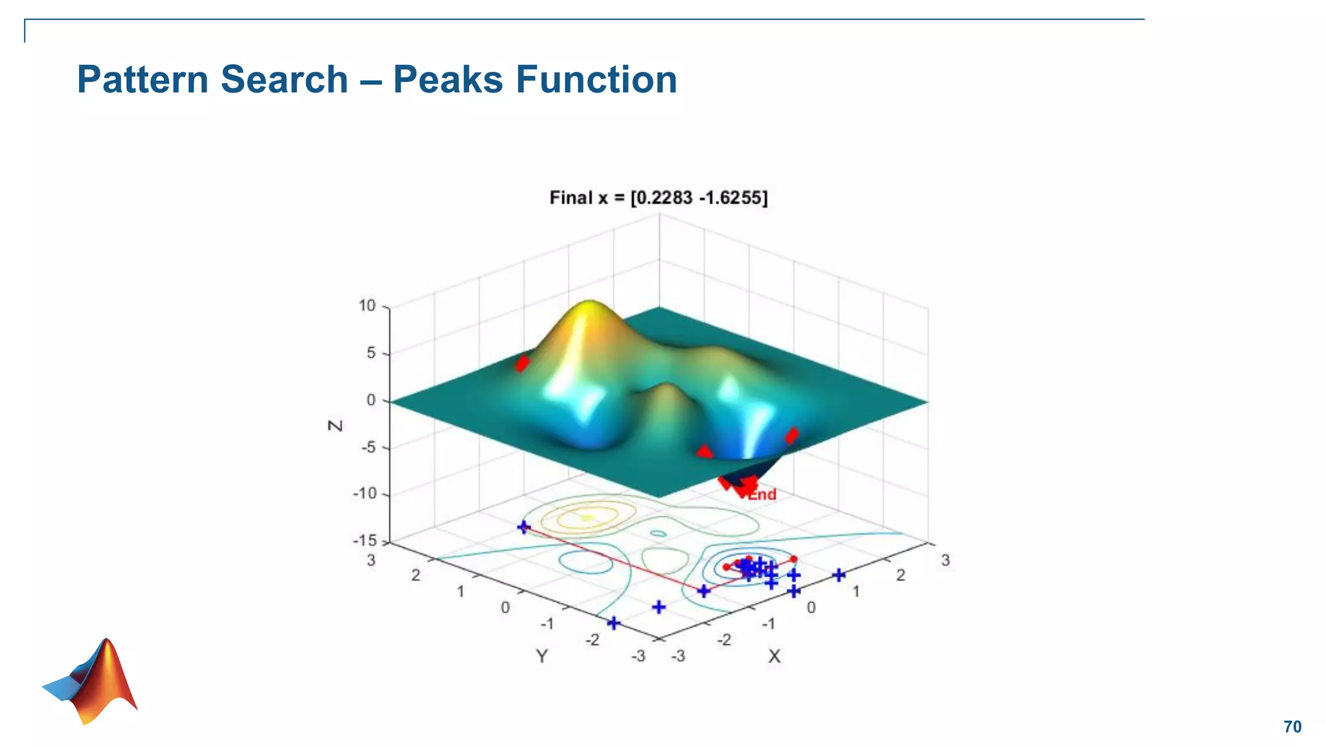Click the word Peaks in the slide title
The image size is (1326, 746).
[x=447, y=80]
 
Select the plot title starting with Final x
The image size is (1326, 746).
[x=658, y=198]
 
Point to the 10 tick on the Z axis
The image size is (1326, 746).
[x=367, y=306]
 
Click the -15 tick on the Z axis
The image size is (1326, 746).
[x=365, y=541]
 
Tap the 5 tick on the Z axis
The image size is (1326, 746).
[x=371, y=353]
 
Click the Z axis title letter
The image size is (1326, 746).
[x=335, y=425]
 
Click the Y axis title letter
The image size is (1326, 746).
[x=542, y=657]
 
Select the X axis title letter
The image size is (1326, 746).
[x=774, y=657]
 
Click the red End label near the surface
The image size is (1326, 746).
[x=762, y=495]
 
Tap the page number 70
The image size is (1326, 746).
[x=1292, y=727]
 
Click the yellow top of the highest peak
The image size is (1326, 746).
[x=589, y=306]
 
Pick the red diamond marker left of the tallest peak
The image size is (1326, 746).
[x=522, y=363]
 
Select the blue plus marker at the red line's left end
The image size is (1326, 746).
[x=524, y=527]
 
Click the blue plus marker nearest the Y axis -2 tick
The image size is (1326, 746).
[x=613, y=623]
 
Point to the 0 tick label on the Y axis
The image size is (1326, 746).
[x=505, y=607]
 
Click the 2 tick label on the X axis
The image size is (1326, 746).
[x=901, y=575]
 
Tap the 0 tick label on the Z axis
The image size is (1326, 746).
[x=371, y=400]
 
